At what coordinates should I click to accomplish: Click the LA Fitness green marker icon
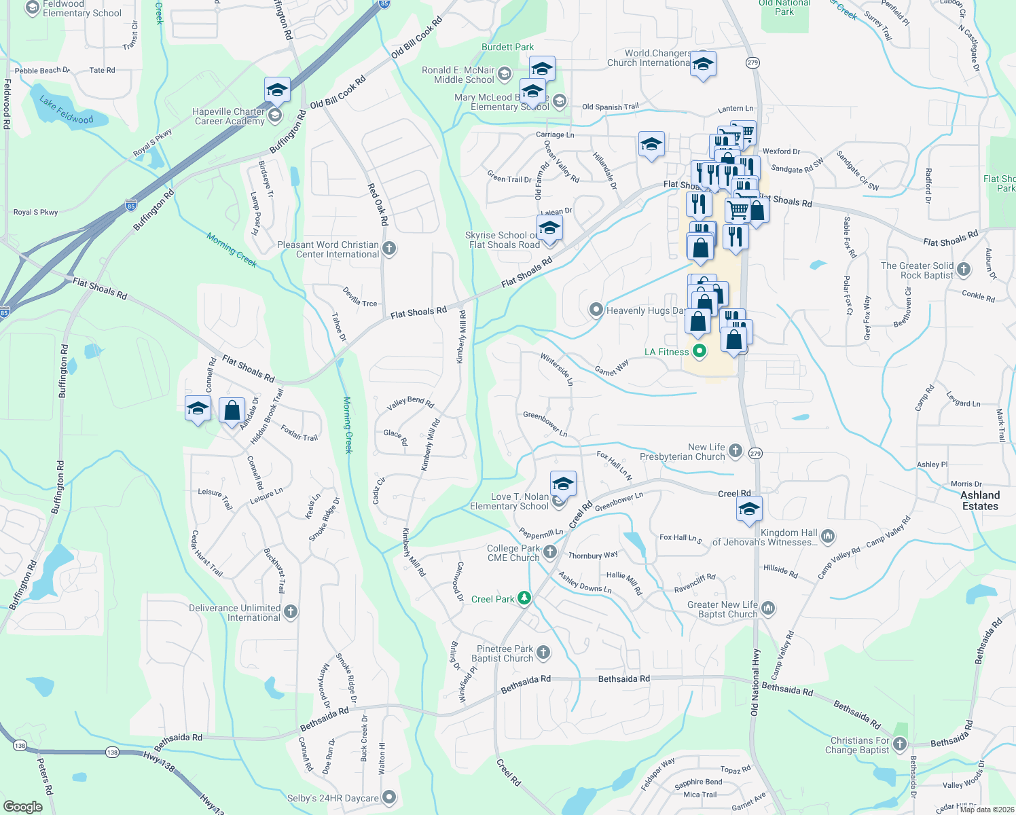(x=700, y=352)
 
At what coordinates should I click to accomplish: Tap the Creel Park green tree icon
(x=524, y=598)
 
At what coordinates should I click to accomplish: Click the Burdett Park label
(x=507, y=47)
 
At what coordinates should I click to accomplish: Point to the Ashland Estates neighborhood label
(x=980, y=501)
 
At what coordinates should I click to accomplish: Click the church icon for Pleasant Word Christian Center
(x=389, y=249)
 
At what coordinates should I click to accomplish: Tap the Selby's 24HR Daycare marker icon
(x=389, y=797)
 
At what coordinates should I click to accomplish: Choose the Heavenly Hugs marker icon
(x=596, y=310)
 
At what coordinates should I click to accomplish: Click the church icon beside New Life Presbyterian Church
(x=735, y=451)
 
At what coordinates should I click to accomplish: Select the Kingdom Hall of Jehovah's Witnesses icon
(x=827, y=537)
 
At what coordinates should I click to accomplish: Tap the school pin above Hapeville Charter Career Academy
(x=277, y=90)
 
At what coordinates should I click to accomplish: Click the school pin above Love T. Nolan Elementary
(x=563, y=484)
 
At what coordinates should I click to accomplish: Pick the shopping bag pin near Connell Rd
(x=232, y=410)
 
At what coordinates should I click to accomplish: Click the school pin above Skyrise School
(x=549, y=228)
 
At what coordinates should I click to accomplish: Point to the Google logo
(x=23, y=806)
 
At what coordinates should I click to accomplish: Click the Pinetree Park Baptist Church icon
(x=543, y=653)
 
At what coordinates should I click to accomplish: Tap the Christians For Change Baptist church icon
(x=900, y=744)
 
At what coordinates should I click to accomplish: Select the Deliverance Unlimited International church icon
(x=291, y=612)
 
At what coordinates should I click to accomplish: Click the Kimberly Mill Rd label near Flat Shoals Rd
(x=461, y=337)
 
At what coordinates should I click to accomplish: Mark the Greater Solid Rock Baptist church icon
(x=964, y=270)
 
